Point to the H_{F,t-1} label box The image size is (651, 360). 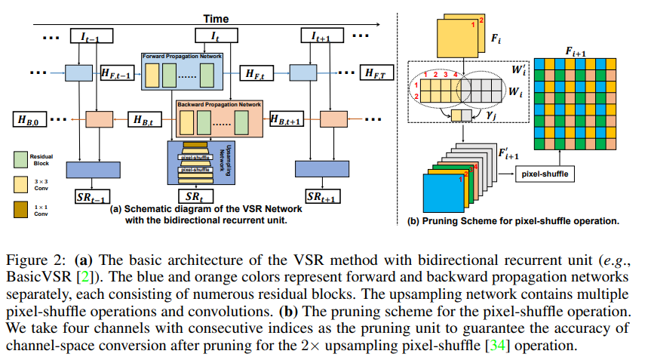117,73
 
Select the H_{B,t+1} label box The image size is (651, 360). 287,119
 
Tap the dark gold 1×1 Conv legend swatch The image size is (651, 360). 21,208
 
